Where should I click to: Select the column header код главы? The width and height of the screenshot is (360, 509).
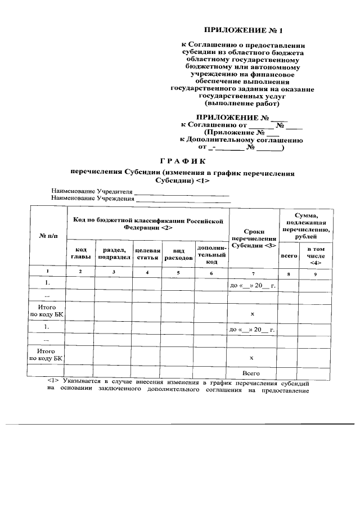pyautogui.click(x=80, y=253)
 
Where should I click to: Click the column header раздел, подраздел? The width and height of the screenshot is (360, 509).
pyautogui.click(x=114, y=253)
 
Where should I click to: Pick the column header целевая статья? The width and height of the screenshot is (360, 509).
pyautogui.click(x=148, y=254)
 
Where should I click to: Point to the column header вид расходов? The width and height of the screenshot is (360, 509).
pyautogui.click(x=178, y=254)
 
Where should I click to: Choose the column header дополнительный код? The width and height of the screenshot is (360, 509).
pyautogui.click(x=211, y=254)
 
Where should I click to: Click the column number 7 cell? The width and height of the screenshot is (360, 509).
pyautogui.click(x=253, y=273)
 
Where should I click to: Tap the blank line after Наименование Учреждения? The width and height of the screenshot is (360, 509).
pyautogui.click(x=183, y=199)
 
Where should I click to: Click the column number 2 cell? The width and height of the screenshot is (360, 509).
pyautogui.click(x=80, y=272)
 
